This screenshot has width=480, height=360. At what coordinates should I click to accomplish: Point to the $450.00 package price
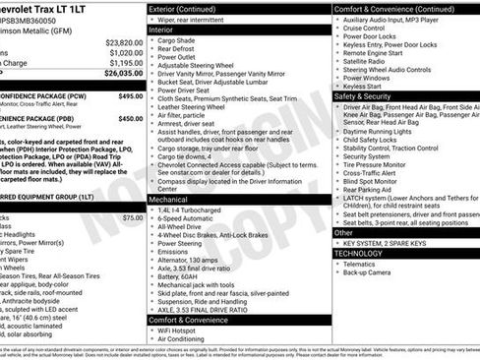click(x=130, y=118)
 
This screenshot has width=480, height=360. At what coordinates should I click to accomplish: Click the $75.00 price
click(x=133, y=217)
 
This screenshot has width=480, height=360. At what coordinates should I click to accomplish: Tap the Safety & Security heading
click(x=362, y=97)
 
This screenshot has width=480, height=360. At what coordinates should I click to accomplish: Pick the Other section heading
click(x=344, y=233)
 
